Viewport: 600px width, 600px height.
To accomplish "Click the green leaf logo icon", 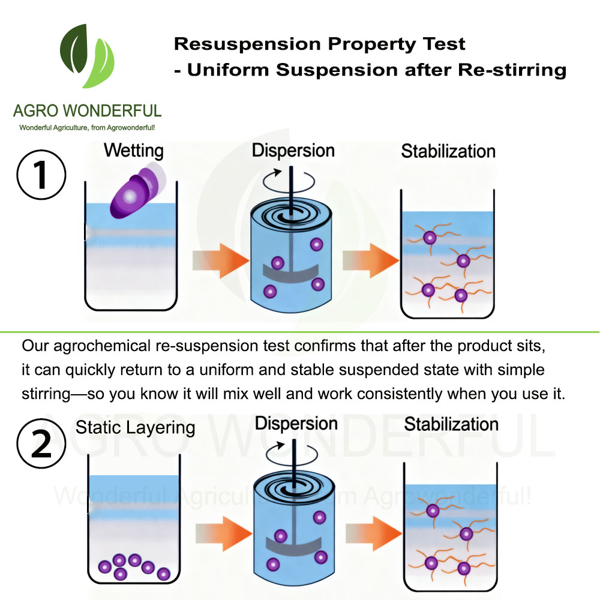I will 88,57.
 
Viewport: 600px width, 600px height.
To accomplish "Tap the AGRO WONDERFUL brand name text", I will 88,111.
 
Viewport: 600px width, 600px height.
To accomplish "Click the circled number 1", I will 41,170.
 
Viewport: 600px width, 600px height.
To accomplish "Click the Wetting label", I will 133,150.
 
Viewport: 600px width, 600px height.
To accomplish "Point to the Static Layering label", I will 135,427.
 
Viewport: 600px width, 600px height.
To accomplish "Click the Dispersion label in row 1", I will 293,149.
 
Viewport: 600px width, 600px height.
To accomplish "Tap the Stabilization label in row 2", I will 451,424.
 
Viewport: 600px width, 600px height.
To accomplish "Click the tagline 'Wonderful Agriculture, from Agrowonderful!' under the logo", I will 88,128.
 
